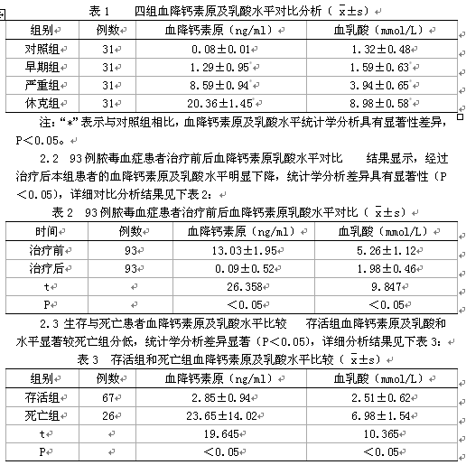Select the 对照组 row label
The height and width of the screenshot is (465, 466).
[x=42, y=46]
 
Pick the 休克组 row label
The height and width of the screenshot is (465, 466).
[x=42, y=103]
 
